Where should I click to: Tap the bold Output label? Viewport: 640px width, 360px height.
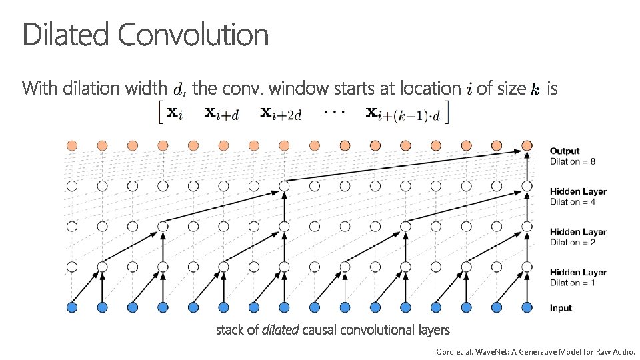point(565,151)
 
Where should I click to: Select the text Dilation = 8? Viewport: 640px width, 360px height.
point(573,161)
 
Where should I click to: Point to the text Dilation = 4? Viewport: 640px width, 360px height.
point(573,202)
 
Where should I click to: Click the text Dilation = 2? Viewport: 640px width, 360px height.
point(573,242)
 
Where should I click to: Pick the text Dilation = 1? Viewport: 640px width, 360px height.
point(573,283)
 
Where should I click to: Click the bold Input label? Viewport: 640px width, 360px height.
point(561,308)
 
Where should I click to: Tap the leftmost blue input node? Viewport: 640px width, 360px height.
point(72,307)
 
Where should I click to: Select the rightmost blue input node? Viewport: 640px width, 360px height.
point(527,307)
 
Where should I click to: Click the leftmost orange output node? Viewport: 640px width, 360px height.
point(72,145)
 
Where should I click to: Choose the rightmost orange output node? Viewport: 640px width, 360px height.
point(527,145)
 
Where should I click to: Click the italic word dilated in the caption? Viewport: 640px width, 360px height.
point(281,330)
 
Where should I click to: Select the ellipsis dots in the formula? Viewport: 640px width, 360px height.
point(333,111)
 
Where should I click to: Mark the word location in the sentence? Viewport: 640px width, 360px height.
point(431,87)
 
